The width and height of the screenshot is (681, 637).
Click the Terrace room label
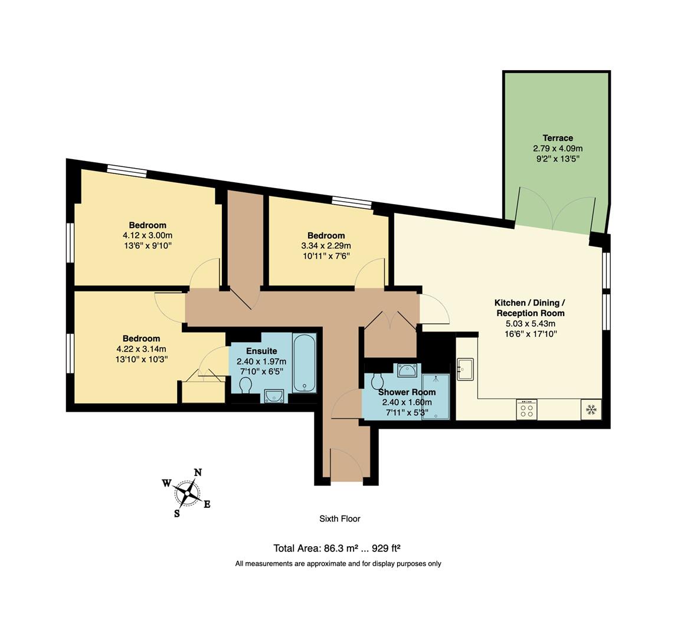point(558,138)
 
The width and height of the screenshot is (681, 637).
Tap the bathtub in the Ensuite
point(305,363)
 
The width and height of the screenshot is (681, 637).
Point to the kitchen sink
point(466,369)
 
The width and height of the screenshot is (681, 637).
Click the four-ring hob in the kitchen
point(526,409)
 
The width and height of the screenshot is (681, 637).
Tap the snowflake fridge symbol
point(591,408)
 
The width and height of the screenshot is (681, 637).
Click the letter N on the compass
point(198,472)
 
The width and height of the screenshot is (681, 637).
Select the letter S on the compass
point(176,513)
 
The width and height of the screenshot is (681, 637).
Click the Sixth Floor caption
point(339,519)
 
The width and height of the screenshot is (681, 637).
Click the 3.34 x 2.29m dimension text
point(326,246)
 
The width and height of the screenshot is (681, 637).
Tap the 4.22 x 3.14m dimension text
point(141,349)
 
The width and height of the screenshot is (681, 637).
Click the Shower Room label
point(407,392)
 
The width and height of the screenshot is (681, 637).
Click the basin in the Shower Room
point(407,370)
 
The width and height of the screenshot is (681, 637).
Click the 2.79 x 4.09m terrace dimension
point(558,149)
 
